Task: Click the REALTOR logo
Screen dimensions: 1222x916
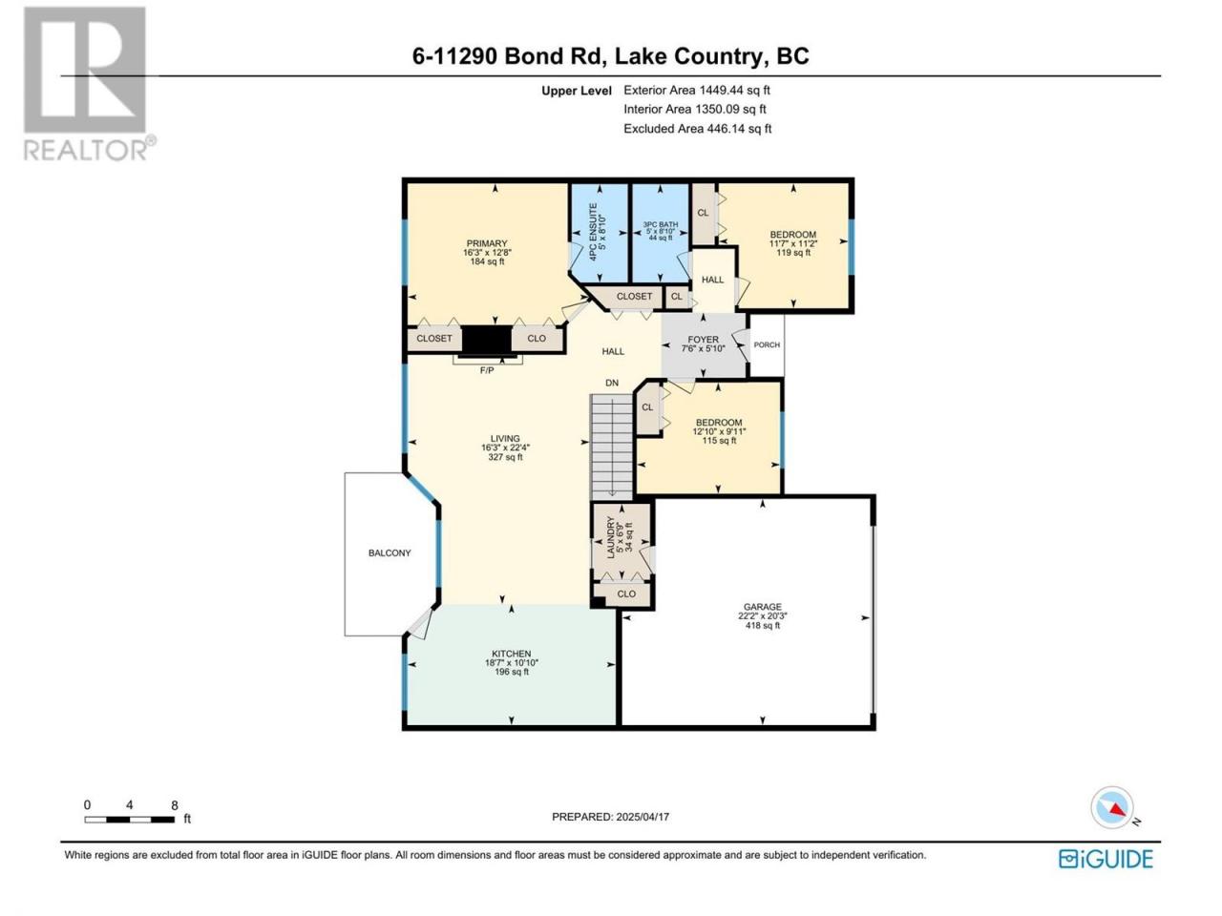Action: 89,84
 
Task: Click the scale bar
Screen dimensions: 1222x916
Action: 130,820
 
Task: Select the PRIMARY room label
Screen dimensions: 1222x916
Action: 487,243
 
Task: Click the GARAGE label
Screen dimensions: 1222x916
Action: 763,607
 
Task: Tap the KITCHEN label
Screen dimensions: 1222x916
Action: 511,654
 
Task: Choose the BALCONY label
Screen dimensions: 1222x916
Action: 390,552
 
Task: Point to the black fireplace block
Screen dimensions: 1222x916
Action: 486,340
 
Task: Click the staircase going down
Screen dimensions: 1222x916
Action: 611,448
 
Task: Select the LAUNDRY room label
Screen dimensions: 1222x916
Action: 611,537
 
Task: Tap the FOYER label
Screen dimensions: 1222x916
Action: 704,340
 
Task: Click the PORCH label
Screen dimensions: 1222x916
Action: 767,344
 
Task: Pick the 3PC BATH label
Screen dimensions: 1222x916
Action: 660,224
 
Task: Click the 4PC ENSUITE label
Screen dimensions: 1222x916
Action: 594,232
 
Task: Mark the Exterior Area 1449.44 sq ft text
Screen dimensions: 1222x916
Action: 697,90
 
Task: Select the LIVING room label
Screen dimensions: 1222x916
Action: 505,438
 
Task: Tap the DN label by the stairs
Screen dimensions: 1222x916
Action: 612,383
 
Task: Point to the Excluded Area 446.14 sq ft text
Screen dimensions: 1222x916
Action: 697,129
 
